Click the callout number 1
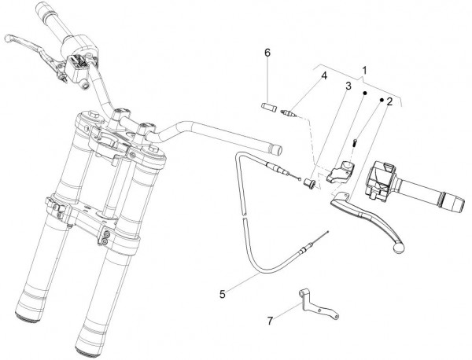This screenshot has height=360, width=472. (x=364, y=71)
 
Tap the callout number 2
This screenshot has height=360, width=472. (x=389, y=101)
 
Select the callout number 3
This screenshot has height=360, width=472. (x=348, y=86)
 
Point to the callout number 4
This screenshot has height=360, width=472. (x=324, y=75)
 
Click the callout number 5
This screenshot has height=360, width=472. (x=223, y=294)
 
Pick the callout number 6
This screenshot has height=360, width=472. (x=267, y=53)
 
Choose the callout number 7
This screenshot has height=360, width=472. (x=270, y=321)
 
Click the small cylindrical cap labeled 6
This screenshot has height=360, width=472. (x=268, y=108)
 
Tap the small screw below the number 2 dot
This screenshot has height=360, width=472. (x=356, y=141)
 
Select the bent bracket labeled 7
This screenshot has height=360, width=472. (x=316, y=307)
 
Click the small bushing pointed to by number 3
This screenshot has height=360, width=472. (x=309, y=183)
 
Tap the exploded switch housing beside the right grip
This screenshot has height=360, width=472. (x=380, y=182)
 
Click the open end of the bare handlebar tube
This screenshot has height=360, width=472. (x=276, y=149)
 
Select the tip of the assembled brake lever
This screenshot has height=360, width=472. (x=8, y=39)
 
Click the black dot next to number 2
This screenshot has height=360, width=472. (x=381, y=100)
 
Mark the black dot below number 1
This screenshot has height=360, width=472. (x=364, y=93)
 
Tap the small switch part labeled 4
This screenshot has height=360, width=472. (x=289, y=112)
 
